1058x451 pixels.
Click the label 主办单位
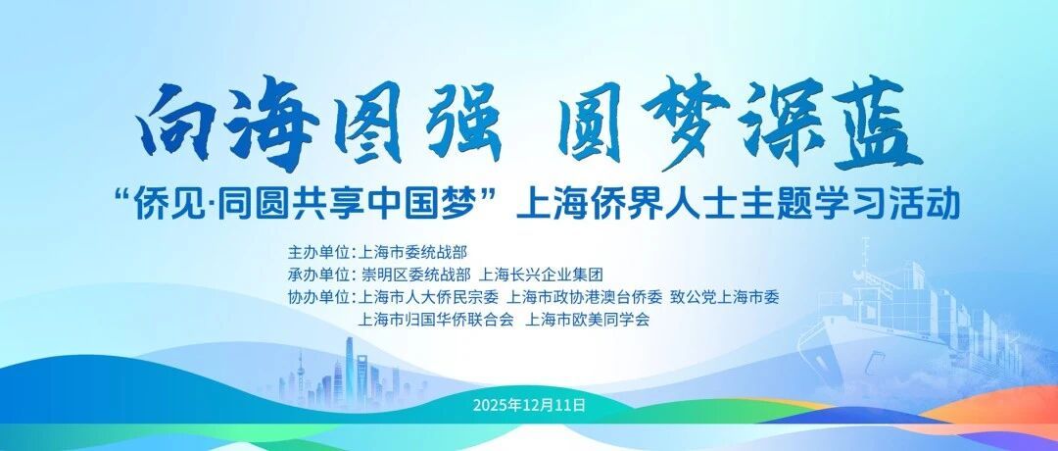(317, 253)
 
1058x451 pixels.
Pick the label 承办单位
(317, 275)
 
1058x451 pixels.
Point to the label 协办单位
(317, 297)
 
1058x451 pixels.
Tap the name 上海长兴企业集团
(540, 275)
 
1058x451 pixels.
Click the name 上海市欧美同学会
(587, 320)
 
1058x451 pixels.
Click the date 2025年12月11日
(529, 405)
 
